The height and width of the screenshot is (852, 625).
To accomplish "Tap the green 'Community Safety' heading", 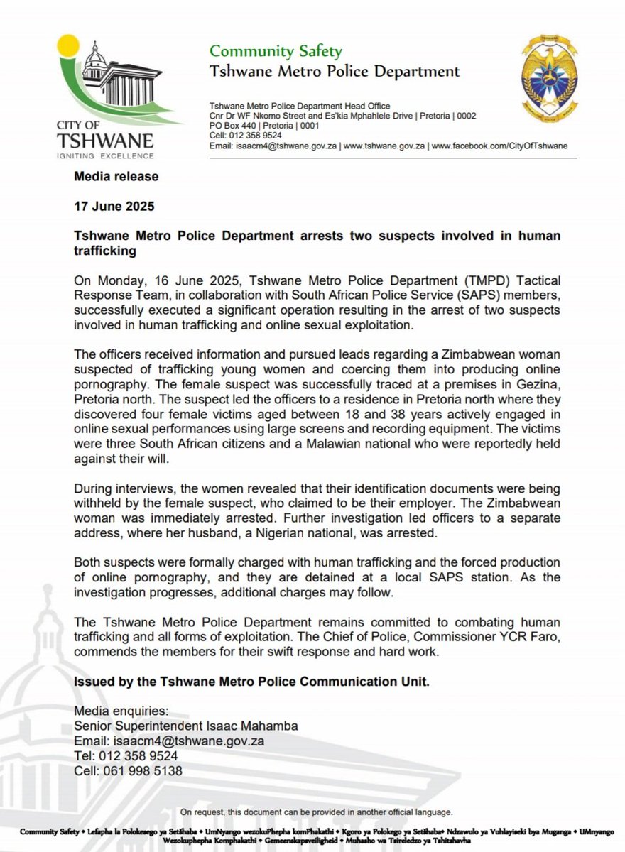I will point(275,51).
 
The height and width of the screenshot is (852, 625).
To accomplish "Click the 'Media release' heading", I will point(116,176).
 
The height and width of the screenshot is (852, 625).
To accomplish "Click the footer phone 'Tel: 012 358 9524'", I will point(126,755).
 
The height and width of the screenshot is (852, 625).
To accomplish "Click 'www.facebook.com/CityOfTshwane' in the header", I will point(499,146).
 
